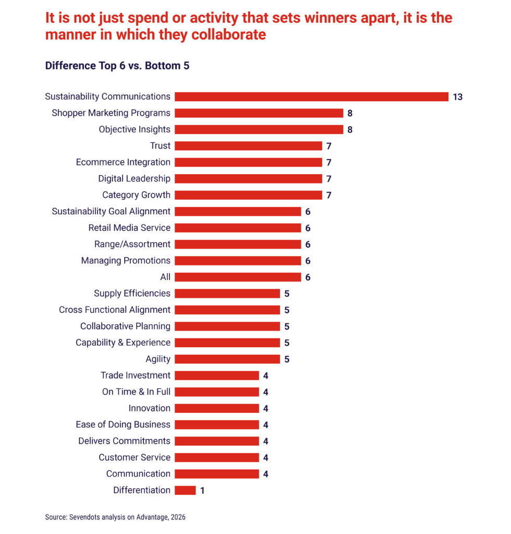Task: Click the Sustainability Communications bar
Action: (311, 96)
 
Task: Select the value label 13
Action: (458, 97)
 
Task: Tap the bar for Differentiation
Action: (185, 490)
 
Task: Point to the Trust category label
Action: (160, 145)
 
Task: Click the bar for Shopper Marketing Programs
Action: (259, 113)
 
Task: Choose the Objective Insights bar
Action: (259, 129)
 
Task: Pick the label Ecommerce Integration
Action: (123, 162)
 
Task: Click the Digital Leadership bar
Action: (248, 178)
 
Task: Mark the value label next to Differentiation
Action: (202, 491)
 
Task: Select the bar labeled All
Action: (238, 277)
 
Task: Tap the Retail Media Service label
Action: (129, 228)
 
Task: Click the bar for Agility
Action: (227, 359)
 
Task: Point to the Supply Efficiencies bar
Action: (227, 293)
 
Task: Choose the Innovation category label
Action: (149, 408)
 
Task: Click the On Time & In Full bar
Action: (217, 392)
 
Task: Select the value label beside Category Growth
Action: (329, 196)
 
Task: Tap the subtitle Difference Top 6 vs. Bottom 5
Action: (120, 66)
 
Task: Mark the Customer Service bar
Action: (217, 457)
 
